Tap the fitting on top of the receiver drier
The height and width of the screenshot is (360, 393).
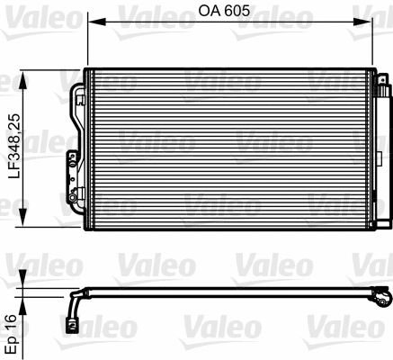(x=385, y=82)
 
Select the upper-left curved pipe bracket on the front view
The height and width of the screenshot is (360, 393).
(x=76, y=94)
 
